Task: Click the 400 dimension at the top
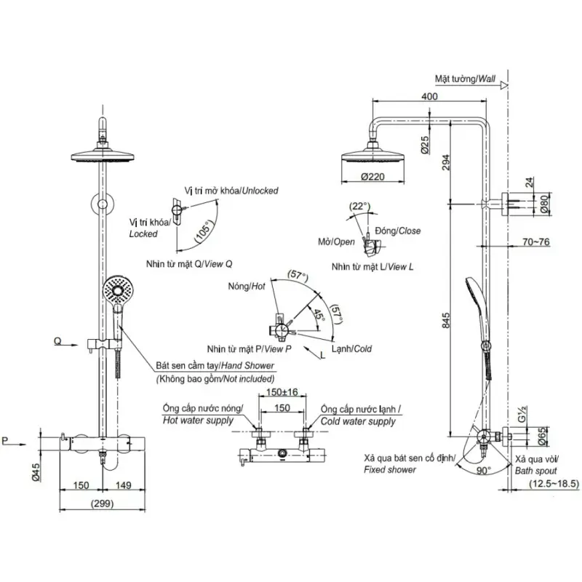tap(429, 96)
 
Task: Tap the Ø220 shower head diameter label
tap(372, 177)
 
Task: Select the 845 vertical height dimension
tap(446, 320)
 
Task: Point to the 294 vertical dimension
tap(446, 162)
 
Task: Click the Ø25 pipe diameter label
tap(425, 145)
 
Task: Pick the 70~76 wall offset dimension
tap(536, 242)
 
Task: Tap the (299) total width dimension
tap(102, 503)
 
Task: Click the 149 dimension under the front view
tap(123, 485)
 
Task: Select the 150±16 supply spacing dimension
tap(282, 392)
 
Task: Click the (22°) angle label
tap(359, 206)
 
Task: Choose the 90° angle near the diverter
tap(483, 470)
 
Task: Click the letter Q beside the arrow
tap(57, 341)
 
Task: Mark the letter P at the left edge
tap(5, 441)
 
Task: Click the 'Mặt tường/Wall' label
tap(465, 79)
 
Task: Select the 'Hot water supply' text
tap(198, 420)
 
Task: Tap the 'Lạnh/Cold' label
tap(351, 348)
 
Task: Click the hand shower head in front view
tap(118, 290)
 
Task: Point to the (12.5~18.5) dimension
tap(554, 484)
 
